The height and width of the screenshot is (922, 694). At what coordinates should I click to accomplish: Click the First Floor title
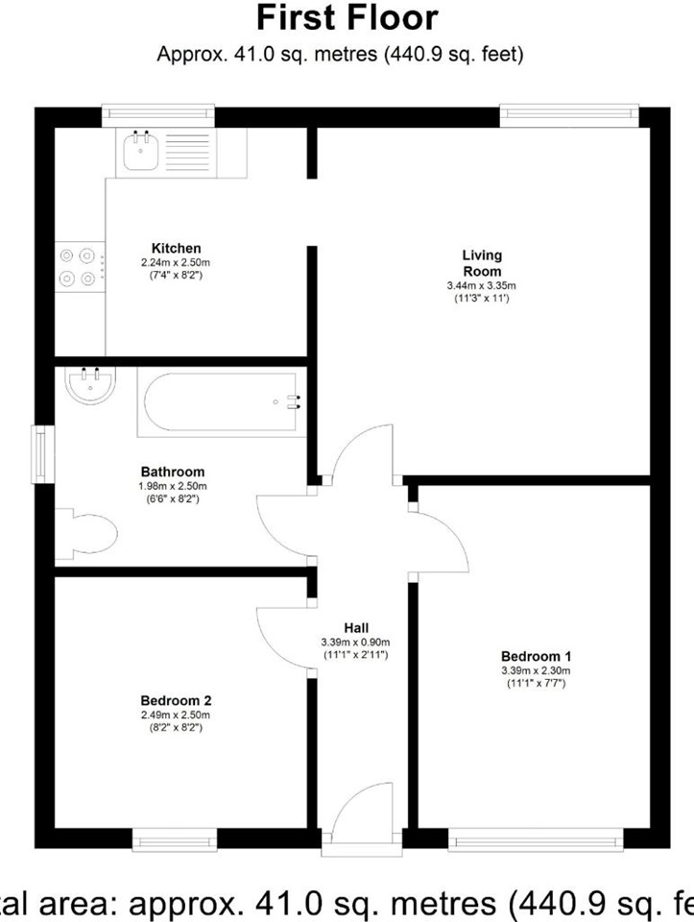(347, 18)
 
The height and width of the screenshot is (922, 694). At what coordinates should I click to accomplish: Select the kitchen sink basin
(141, 151)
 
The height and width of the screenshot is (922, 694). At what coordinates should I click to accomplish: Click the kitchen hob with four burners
(79, 267)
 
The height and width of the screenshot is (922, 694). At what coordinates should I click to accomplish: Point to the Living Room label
(482, 262)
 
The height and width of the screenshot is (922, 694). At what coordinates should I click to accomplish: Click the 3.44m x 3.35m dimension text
(482, 285)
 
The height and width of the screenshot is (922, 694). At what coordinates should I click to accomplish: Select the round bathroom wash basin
(91, 385)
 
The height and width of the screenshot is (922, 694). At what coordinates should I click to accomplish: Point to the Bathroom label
(173, 472)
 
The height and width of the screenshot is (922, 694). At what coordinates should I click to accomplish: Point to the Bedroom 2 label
(175, 699)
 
